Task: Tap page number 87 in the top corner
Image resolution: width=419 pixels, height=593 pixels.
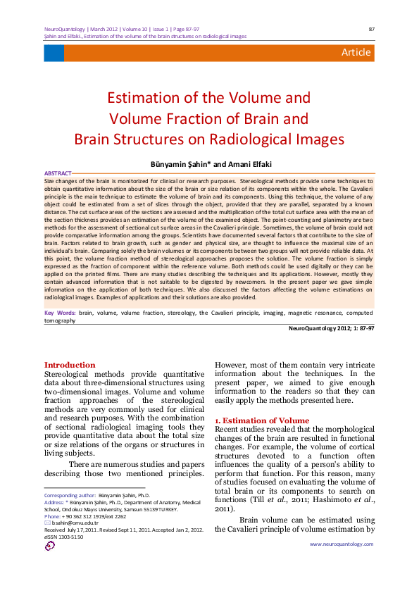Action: (371, 29)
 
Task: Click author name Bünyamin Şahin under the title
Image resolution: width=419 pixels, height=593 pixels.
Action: (190, 163)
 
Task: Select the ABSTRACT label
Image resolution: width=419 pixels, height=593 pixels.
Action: (57, 173)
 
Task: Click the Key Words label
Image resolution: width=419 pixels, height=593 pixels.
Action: (60, 312)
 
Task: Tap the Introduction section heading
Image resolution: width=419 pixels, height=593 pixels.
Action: (70, 365)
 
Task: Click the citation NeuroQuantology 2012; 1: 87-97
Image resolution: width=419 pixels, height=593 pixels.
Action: (331, 327)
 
